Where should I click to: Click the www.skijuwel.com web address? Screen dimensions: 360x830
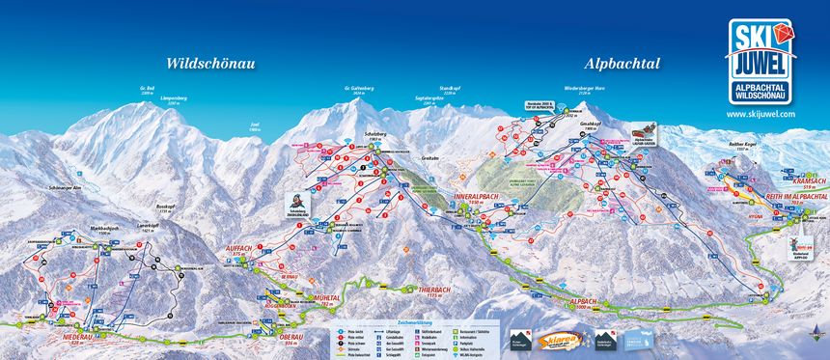[x=761, y=113]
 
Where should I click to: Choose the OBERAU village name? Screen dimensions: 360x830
[x=290, y=338]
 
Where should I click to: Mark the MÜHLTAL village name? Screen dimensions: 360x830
[x=326, y=299]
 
